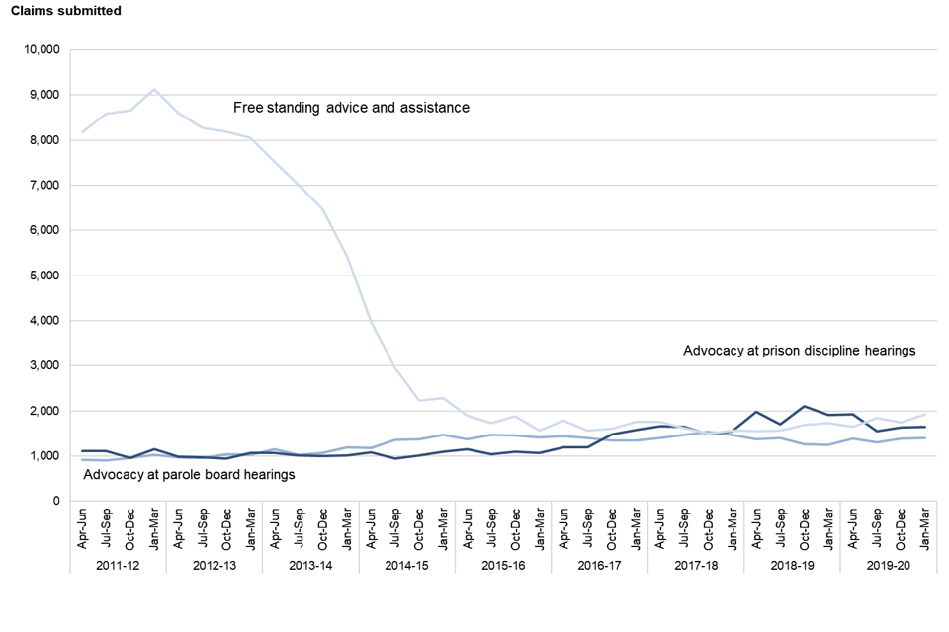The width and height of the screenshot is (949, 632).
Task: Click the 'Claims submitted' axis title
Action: click(66, 11)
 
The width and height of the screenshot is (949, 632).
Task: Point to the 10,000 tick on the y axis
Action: click(42, 49)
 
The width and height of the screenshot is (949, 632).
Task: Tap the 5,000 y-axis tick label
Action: click(44, 276)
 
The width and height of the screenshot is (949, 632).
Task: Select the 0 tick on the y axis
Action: click(57, 502)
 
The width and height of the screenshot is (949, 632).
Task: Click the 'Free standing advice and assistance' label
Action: click(351, 107)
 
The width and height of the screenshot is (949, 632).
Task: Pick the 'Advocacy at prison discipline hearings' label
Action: click(800, 351)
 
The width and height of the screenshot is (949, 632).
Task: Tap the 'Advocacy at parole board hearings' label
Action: click(190, 475)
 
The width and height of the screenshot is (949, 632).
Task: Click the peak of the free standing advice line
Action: click(153, 90)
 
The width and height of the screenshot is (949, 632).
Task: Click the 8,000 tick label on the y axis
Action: click(44, 140)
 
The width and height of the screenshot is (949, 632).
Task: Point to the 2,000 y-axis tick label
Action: click(44, 411)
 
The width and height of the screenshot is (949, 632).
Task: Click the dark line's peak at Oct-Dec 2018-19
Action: click(805, 406)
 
